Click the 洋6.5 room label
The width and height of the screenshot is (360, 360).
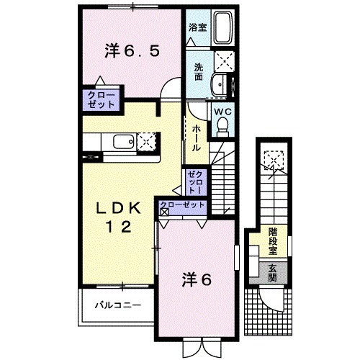click(131, 50)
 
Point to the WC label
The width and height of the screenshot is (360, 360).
click(221, 112)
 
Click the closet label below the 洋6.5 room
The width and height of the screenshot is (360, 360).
click(102, 99)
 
